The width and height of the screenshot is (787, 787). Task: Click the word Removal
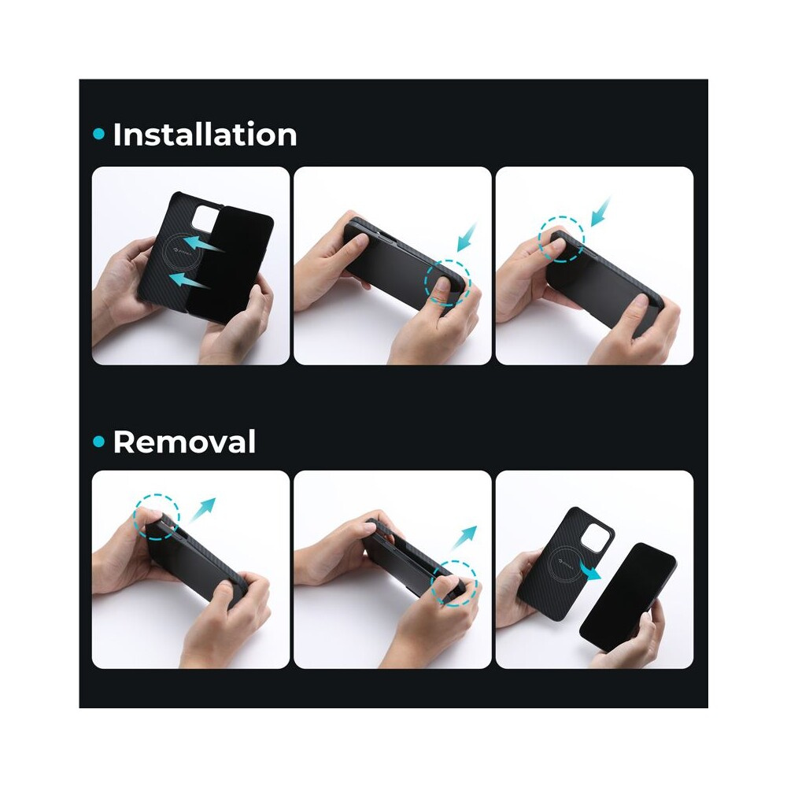pyautogui.click(x=184, y=442)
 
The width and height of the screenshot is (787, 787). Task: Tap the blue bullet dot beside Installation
pyautogui.click(x=99, y=134)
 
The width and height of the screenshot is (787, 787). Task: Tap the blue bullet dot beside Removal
pyautogui.click(x=99, y=442)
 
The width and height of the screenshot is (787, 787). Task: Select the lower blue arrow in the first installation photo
pyautogui.click(x=189, y=281)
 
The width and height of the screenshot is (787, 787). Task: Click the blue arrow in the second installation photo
pyautogui.click(x=466, y=238)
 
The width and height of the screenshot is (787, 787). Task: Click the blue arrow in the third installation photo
pyautogui.click(x=600, y=212)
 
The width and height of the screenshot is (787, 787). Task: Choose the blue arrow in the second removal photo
pyautogui.click(x=464, y=538)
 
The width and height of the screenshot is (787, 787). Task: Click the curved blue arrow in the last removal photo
pyautogui.click(x=589, y=570)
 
